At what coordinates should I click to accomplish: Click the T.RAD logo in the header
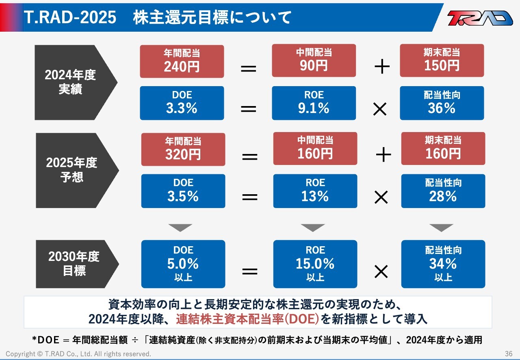coord(480,18)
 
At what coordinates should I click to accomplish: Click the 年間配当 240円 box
coord(182,61)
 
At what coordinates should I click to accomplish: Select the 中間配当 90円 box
coord(314,61)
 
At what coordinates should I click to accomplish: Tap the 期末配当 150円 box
coord(442,61)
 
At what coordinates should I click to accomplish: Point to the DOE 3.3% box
coord(182,103)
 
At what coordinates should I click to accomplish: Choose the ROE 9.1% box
coord(314,103)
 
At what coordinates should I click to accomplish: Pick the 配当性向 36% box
coord(442,103)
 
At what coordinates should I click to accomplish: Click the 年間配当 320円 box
coord(183,149)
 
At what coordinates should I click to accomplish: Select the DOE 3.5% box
coord(183,191)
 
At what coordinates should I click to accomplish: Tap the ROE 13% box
coord(315,191)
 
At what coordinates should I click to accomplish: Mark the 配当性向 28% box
coord(443,191)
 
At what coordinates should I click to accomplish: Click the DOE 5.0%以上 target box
coord(183,264)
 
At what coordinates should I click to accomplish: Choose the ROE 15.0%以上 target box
coord(315,264)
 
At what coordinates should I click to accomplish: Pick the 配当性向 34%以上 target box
coord(443,264)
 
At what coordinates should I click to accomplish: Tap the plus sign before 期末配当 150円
coord(381,66)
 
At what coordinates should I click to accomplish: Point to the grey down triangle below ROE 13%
coord(312,228)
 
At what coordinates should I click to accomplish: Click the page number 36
coord(509,353)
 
